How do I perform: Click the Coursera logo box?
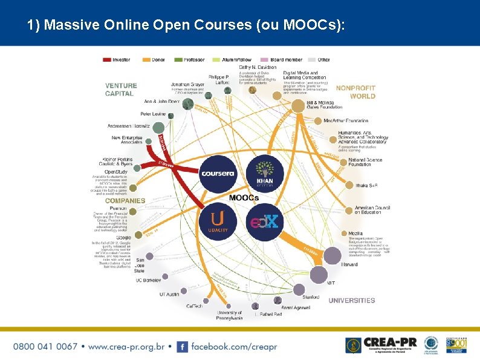218,174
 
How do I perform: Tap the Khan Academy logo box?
265,174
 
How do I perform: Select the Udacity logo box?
218,221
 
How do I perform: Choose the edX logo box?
265,221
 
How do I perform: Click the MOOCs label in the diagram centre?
244,198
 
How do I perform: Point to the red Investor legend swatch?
108,60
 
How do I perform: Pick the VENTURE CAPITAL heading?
121,90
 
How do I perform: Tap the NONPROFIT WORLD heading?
355,92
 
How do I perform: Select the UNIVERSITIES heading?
352,301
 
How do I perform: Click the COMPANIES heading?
125,200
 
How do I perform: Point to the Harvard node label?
349,264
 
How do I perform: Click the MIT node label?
331,283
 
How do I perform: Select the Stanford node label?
311,297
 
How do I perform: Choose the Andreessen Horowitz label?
128,126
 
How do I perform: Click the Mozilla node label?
355,233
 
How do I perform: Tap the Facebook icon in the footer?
182,347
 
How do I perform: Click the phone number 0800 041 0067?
45,347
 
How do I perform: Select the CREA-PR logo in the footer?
381,345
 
